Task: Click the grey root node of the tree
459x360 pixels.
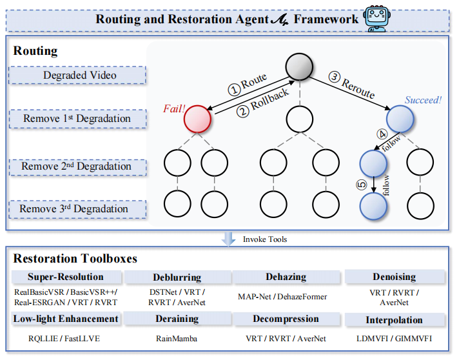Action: (x=298, y=66)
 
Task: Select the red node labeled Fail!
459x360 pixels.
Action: (x=198, y=119)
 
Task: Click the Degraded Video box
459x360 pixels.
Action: (x=80, y=75)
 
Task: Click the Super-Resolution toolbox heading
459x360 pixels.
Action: (x=66, y=277)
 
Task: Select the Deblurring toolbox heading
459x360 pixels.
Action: (x=178, y=277)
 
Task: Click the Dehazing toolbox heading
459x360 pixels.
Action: (x=286, y=277)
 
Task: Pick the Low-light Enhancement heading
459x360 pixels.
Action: (x=66, y=318)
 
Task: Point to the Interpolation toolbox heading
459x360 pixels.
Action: (x=395, y=319)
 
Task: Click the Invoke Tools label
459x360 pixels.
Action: (x=264, y=239)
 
